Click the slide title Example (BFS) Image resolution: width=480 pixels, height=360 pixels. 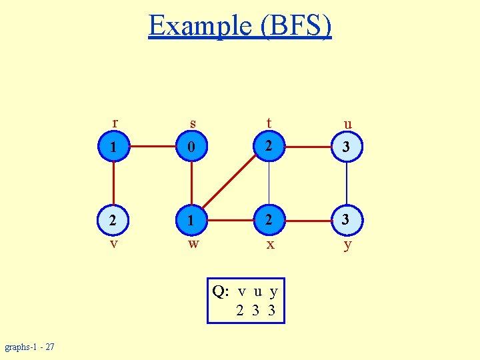(240, 26)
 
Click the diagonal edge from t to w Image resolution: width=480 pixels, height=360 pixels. (230, 183)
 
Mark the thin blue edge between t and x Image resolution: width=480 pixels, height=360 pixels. (269, 183)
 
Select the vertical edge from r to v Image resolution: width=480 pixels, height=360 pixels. (114, 183)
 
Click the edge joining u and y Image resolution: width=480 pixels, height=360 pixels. (347, 183)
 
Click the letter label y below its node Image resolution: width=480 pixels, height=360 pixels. (347, 245)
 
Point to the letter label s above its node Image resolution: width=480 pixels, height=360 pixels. (193, 124)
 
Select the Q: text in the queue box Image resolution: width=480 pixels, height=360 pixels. (219, 291)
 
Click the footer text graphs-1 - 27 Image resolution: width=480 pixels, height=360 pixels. (30, 347)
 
